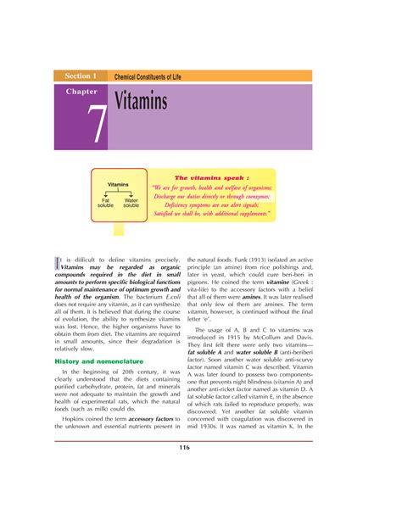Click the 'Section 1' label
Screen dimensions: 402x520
(81, 76)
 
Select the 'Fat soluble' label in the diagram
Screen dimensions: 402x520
(106, 203)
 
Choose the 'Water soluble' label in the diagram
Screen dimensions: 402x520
(131, 203)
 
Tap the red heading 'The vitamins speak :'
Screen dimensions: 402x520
(212, 178)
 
